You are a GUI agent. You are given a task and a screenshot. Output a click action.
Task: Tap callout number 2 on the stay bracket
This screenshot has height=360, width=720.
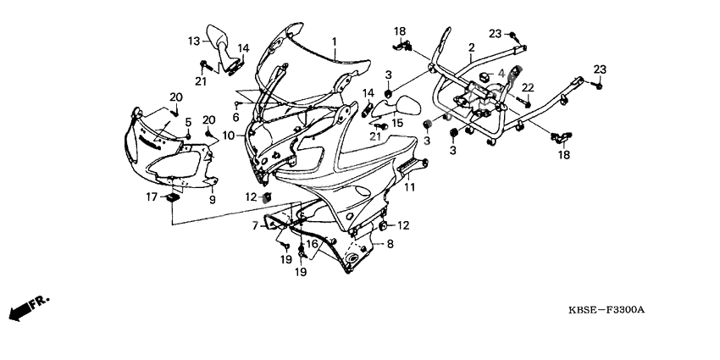pyautogui.click(x=471, y=47)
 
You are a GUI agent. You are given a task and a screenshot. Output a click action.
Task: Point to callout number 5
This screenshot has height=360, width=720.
pyautogui.click(x=188, y=122)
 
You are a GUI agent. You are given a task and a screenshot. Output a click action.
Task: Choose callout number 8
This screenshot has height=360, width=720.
pyautogui.click(x=390, y=244)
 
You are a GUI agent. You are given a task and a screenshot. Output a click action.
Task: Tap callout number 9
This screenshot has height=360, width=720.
pyautogui.click(x=213, y=200)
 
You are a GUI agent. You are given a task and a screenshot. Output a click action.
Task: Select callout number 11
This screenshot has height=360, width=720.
pyautogui.click(x=409, y=186)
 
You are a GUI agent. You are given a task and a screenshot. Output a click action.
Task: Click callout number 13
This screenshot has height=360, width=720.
pyautogui.click(x=194, y=41)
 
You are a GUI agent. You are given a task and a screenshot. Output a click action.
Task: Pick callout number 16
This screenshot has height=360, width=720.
pyautogui.click(x=312, y=244)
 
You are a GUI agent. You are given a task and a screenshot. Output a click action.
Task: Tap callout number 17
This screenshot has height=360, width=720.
pyautogui.click(x=152, y=197)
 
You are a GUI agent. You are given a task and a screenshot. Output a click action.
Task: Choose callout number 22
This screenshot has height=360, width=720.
pyautogui.click(x=527, y=87)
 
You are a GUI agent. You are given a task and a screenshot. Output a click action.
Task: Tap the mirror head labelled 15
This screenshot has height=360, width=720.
pyautogui.click(x=407, y=108)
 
